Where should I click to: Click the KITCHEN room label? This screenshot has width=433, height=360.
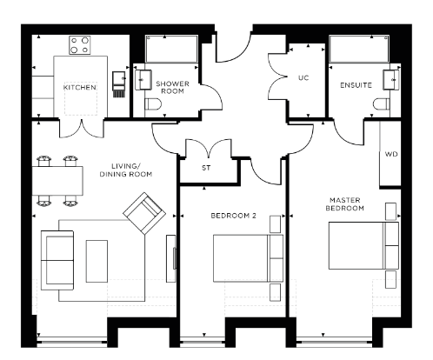coord(80,87)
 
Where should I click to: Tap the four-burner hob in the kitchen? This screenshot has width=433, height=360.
coord(80,45)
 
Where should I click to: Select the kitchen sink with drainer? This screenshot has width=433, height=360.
coord(119,84)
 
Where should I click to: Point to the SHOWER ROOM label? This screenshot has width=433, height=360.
coord(172,87)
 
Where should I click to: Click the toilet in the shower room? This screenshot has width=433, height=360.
coord(153,104)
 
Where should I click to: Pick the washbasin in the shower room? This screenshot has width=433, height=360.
coord(143,80)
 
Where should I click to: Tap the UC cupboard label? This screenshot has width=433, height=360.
coord(303,77)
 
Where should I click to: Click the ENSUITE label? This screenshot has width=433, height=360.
coord(356,85)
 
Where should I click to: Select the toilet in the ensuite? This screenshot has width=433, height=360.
coord(382,104)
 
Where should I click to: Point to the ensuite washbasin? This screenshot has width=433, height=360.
coord(391,79)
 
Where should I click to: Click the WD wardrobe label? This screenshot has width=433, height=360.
coord(391,154)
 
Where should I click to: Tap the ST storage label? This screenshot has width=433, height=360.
coord(206,168)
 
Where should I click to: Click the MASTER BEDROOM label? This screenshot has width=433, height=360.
coord(345,204)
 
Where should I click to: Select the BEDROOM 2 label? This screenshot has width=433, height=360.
coord(234,216)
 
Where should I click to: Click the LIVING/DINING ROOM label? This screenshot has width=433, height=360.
coord(126,170)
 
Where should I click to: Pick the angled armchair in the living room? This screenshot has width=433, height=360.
coord(144,213)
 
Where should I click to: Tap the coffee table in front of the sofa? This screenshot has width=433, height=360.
coord(97,261)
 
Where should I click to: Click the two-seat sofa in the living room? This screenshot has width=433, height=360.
coord(57,260)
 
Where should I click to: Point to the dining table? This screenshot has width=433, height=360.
coord(57,181)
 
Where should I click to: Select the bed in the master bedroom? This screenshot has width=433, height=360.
coord(363,245)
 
